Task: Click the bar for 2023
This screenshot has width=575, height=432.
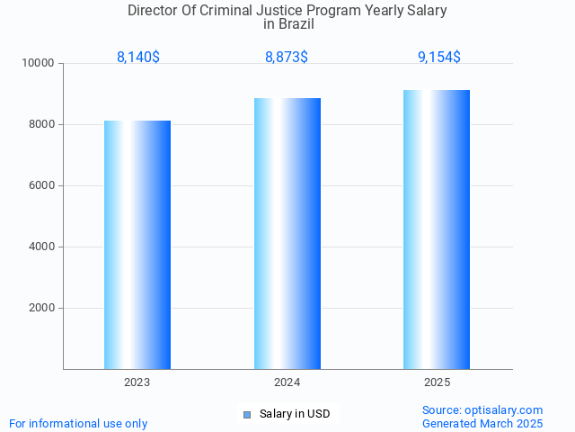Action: coord(137,245)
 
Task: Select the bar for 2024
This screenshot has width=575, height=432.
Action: coord(287,233)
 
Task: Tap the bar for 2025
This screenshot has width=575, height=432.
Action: coord(437,229)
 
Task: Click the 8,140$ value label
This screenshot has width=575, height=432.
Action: coord(138,58)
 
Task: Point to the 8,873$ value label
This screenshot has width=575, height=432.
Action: coord(287,58)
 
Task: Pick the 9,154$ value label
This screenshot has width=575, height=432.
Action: coord(438,58)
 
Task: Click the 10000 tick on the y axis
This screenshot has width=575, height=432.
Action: coord(39,64)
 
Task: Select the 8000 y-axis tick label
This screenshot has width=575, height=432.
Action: coord(41,125)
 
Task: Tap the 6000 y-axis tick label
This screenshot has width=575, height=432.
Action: coord(41,186)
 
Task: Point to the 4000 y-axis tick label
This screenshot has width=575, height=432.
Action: coord(41,247)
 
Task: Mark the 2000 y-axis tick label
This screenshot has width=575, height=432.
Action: coord(41,309)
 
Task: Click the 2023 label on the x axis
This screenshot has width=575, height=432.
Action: coord(137,382)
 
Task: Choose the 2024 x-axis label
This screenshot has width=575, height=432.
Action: coord(287,382)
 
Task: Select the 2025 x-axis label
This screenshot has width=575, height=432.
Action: coord(438,382)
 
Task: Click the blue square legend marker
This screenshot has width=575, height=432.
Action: coord(247,415)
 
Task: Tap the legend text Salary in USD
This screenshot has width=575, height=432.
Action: coord(295,414)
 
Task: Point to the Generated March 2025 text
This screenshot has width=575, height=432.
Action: coord(482,423)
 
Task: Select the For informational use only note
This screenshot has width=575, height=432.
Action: coord(78,423)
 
